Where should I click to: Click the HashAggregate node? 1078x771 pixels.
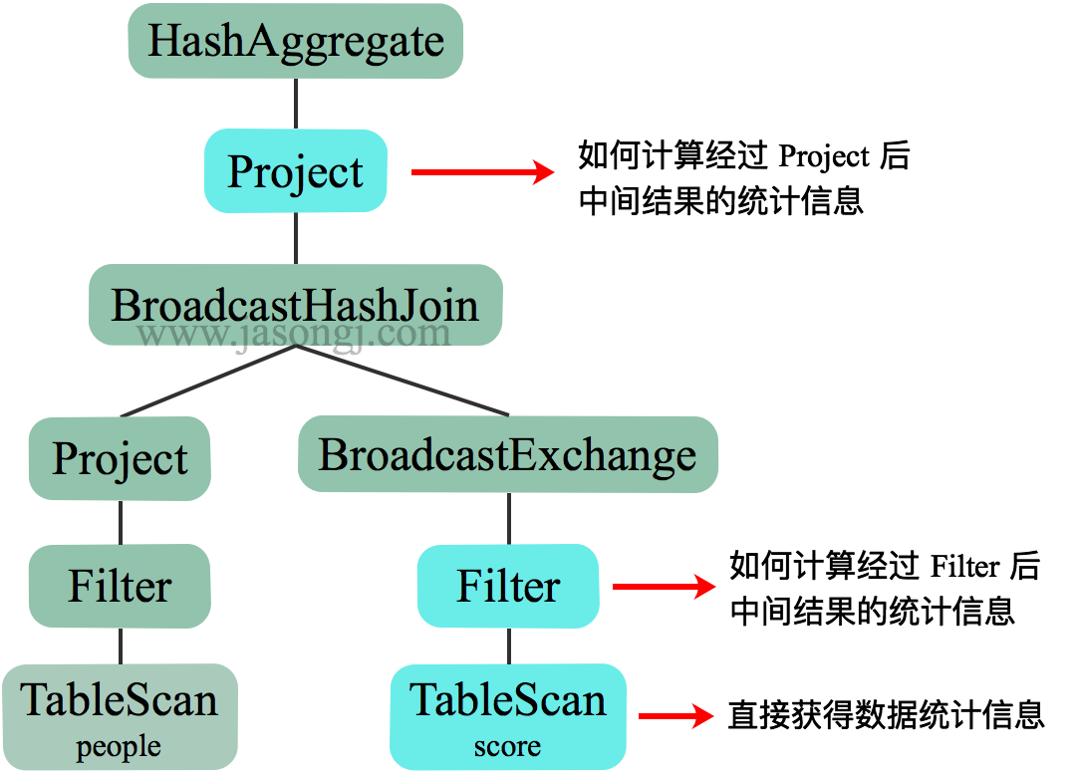[x=296, y=41]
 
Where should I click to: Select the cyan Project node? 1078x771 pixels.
[x=296, y=170]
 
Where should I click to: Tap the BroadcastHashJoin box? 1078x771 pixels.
[x=295, y=304]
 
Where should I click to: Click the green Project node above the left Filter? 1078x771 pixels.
[x=120, y=458]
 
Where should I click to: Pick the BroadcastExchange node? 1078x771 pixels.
[x=508, y=454]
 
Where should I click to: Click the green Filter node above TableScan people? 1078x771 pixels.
[x=120, y=586]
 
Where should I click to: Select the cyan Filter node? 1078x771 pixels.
[x=508, y=586]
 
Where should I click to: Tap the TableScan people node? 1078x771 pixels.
[x=120, y=701]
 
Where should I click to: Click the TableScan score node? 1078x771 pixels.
[x=508, y=701]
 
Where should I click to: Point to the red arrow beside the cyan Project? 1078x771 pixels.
[x=483, y=172]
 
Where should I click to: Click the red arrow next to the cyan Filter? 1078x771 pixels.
[x=665, y=587]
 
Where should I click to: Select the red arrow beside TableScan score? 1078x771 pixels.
[x=676, y=715]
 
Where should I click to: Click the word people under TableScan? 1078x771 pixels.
[x=119, y=747]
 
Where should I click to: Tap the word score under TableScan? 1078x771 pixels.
[x=507, y=747]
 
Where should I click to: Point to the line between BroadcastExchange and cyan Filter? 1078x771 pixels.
[x=508, y=518]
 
